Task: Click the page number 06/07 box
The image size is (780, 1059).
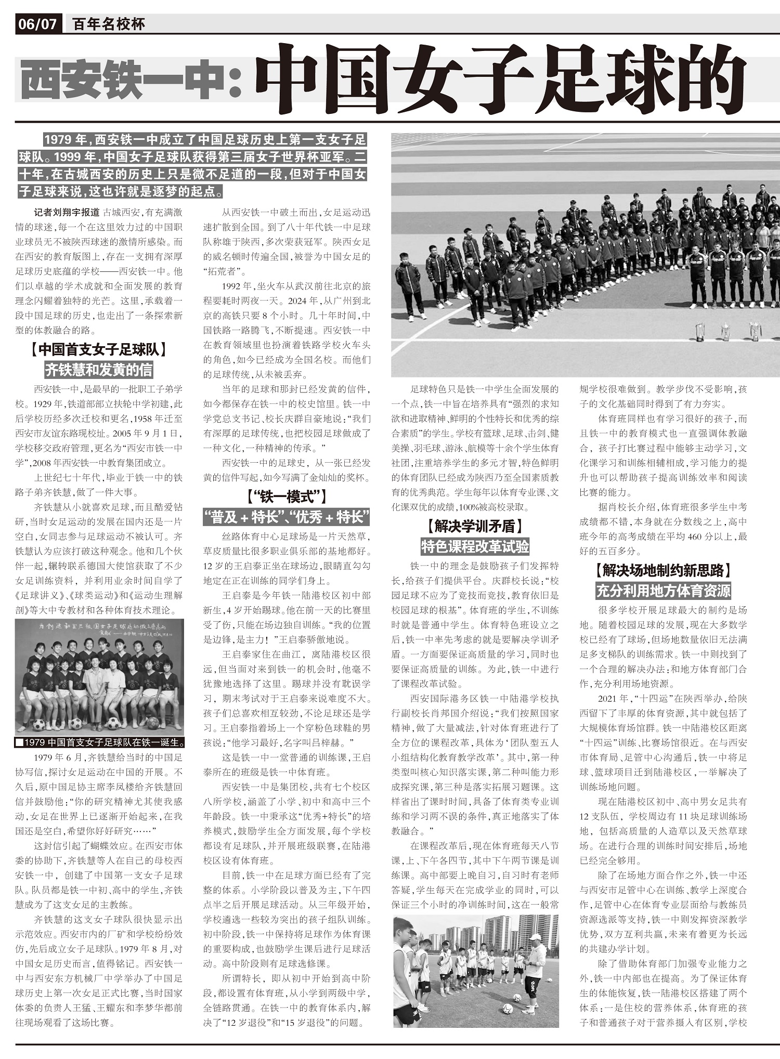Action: pos(37,24)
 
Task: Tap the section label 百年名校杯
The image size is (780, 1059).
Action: pos(108,24)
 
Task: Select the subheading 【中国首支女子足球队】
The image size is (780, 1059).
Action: pos(99,349)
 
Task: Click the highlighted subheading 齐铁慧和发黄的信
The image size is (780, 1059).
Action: pos(99,370)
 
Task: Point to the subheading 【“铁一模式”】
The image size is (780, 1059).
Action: pos(287,497)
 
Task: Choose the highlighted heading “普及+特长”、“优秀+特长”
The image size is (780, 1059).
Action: pos(287,517)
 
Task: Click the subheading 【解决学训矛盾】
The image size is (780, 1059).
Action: pos(475,527)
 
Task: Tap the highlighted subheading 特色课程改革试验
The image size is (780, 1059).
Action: pos(475,546)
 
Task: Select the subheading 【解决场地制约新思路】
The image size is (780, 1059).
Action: pos(663,570)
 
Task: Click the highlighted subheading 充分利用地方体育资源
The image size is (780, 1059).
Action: pos(663,591)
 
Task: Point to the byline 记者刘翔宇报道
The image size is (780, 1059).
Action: pos(67,213)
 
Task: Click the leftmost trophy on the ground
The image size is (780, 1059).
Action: pos(700,332)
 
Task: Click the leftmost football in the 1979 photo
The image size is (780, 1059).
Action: pos(38,724)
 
